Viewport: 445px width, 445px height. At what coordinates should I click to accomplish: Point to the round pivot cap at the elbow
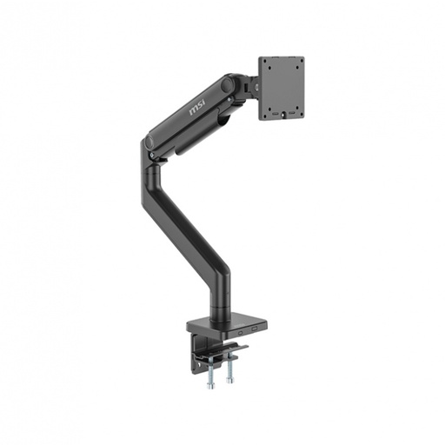click(x=150, y=142)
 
